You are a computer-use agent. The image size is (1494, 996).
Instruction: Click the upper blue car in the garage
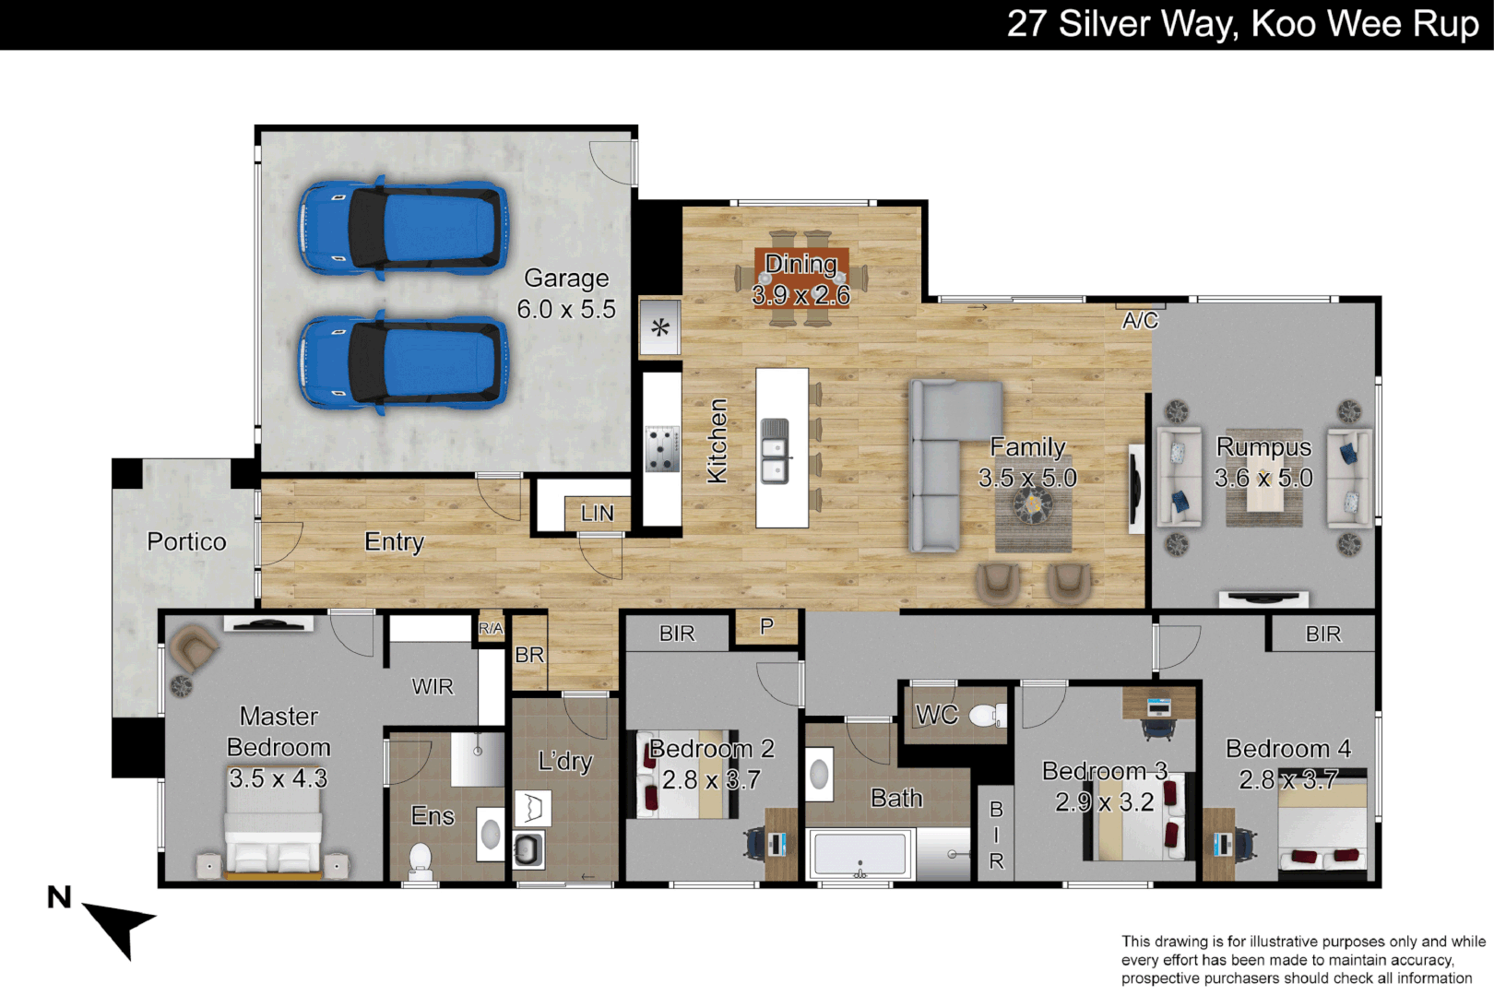pos(403,228)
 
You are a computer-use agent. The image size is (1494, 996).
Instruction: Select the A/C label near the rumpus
pos(1140,321)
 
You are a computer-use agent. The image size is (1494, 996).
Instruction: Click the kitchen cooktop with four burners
pos(662,448)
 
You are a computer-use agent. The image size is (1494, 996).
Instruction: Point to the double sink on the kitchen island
pos(775,450)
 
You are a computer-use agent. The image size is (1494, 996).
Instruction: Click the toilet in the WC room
pos(989,716)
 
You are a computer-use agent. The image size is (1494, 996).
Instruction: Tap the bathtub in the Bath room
pos(860,854)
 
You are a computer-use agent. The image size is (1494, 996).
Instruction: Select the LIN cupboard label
pos(597,513)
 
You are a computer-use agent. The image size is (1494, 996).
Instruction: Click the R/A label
pos(491,628)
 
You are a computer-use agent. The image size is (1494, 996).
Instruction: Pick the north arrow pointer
pos(120,927)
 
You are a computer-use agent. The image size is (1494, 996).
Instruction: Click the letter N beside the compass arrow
pos(59,897)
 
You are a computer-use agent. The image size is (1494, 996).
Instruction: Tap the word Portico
pos(186,541)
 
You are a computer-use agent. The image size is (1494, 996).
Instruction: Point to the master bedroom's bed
pos(274,837)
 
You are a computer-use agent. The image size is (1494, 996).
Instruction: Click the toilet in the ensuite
pos(421,862)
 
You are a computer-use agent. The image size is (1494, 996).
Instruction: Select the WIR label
pos(433,686)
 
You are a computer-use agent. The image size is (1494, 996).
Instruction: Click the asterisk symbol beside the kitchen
pos(660,327)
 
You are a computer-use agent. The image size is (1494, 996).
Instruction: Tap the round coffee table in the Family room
pos(1032,504)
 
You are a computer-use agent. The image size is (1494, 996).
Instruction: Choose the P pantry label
pos(767,626)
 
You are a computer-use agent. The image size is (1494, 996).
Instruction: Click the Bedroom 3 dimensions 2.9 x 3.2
pos(1105,801)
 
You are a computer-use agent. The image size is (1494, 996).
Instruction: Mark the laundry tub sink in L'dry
pos(529,849)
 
